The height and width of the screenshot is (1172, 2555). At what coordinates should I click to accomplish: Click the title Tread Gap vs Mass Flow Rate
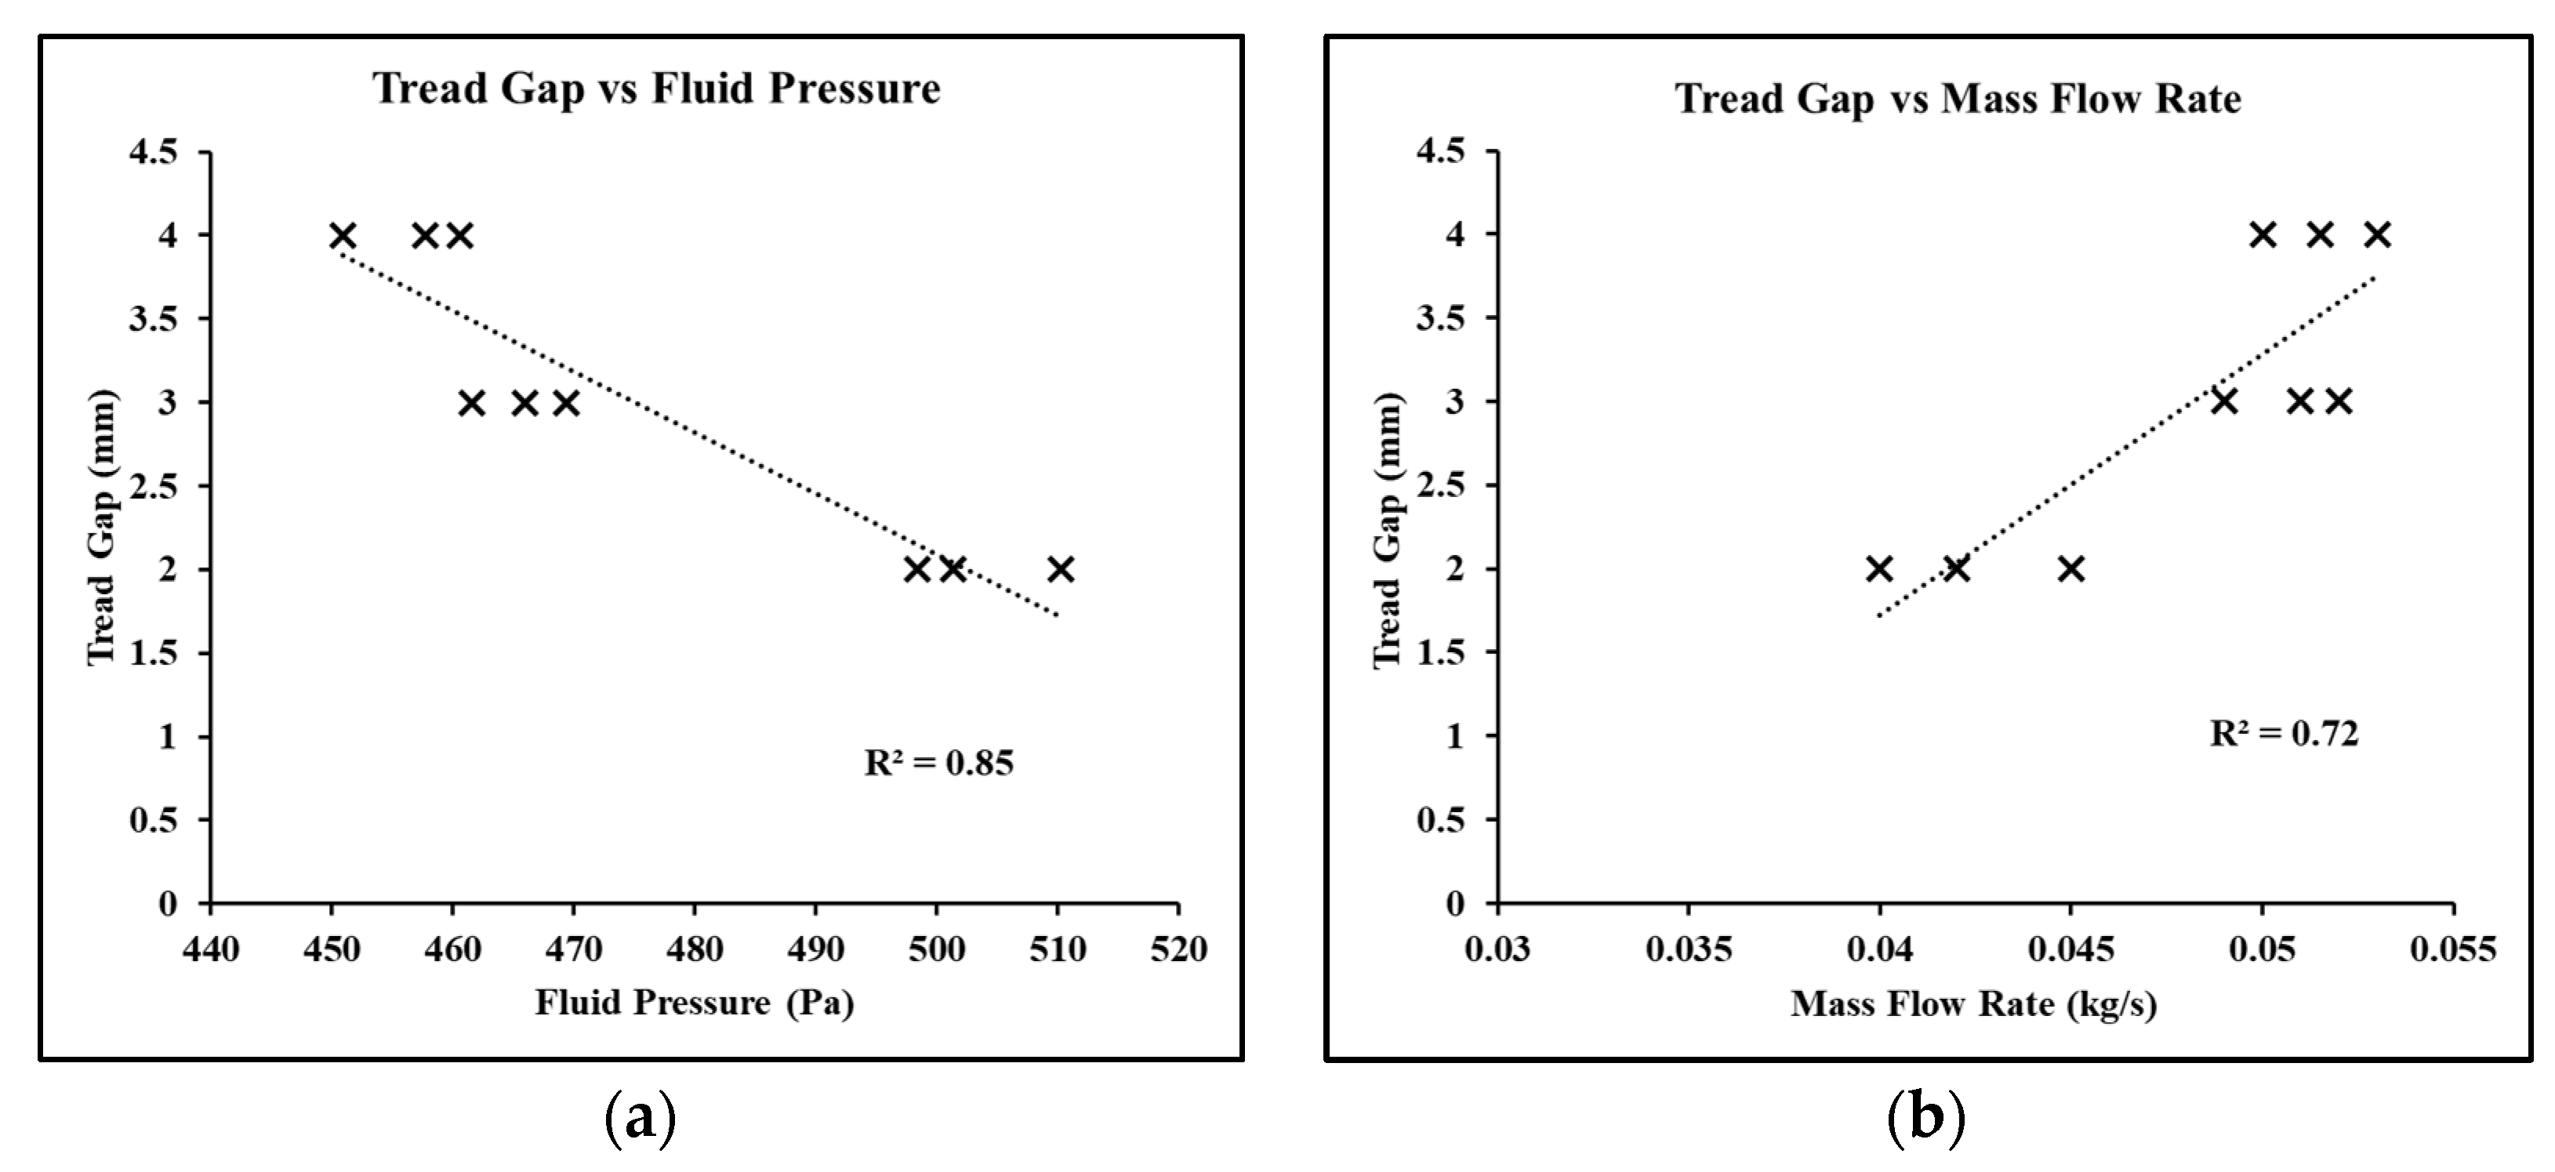[x=1957, y=99]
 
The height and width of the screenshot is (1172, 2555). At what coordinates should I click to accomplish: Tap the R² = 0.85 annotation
[x=938, y=763]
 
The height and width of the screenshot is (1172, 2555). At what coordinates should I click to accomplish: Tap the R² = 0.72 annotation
[x=2283, y=734]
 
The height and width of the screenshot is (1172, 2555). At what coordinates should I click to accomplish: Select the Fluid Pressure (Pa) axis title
[x=695, y=1003]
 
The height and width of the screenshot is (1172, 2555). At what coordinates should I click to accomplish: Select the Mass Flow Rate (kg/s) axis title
[x=1974, y=1004]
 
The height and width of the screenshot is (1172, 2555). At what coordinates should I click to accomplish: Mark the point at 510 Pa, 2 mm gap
[x=1060, y=569]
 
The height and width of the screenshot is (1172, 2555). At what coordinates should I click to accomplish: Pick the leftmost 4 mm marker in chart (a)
[x=342, y=236]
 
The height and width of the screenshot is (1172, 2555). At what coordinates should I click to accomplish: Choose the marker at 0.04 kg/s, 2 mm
[x=1879, y=569]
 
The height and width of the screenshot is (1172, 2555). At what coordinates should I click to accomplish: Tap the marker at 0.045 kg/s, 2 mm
[x=2071, y=569]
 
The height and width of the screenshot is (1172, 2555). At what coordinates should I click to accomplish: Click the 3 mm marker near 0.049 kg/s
[x=2225, y=401]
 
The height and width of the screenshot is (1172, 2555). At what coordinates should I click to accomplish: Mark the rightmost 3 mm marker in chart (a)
[x=565, y=403]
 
